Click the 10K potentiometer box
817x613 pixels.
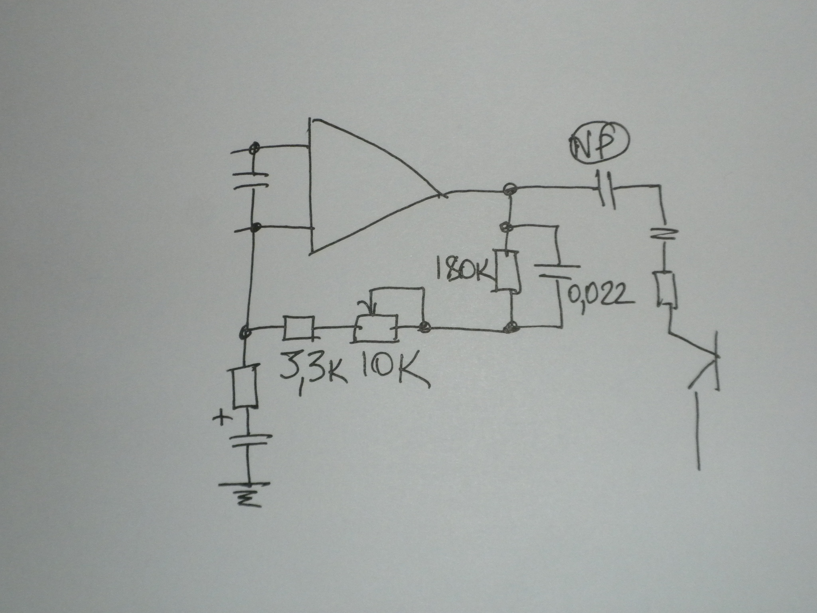click(x=376, y=328)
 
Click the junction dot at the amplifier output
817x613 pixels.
click(x=509, y=188)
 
